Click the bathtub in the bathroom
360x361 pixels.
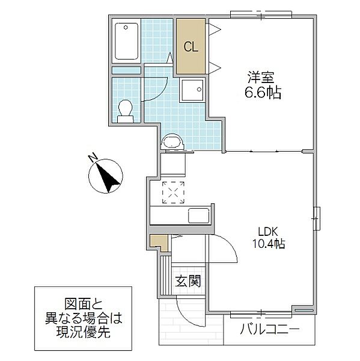126,41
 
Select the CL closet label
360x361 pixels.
192,46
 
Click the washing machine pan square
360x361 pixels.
192,91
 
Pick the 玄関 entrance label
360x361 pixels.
188,280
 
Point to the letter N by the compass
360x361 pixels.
93,158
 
